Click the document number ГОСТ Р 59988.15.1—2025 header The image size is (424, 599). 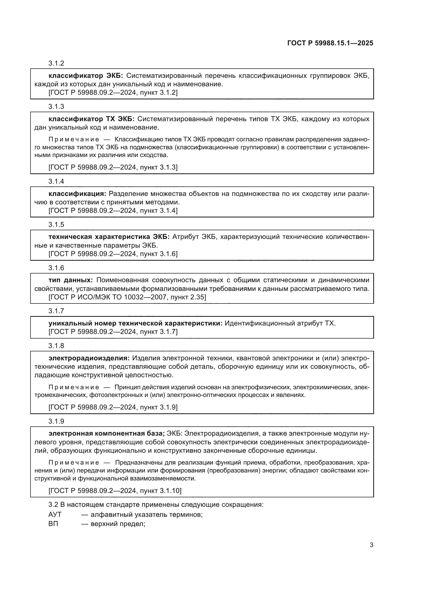tap(330, 43)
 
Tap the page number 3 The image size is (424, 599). tap(371, 545)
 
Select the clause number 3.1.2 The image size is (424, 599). tap(56, 63)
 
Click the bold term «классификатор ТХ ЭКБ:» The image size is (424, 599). tap(91, 119)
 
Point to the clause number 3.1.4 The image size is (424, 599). tap(56, 181)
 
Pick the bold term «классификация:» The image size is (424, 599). tap(77, 194)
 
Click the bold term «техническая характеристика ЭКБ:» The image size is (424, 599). tap(109, 237)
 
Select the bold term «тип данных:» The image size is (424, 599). tap(70, 280)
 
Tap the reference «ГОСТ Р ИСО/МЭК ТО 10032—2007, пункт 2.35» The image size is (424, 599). tap(127, 297)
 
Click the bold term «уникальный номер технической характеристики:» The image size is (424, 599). tap(135, 323)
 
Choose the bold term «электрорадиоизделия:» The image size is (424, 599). tap(89, 358)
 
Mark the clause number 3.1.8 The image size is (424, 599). tap(56, 346)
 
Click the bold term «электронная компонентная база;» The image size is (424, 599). tap(107, 433)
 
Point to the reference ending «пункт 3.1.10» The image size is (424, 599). tap(115, 491)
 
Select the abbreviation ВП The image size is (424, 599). tap(53, 524)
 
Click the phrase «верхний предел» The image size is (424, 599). tap(117, 524)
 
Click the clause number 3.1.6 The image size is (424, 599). tap(56, 268)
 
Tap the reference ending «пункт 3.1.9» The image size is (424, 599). tap(113, 407)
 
